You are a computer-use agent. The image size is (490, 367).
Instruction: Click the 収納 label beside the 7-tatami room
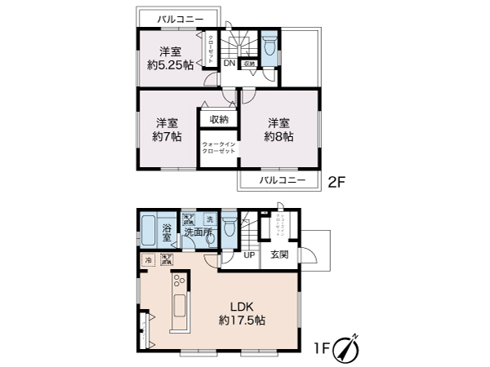click(218, 119)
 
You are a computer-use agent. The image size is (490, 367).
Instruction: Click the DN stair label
click(229, 62)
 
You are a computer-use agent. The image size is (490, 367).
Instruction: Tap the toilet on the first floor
click(229, 224)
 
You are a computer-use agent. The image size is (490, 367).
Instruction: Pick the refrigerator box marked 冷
click(147, 260)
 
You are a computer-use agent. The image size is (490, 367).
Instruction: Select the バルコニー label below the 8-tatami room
click(282, 180)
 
